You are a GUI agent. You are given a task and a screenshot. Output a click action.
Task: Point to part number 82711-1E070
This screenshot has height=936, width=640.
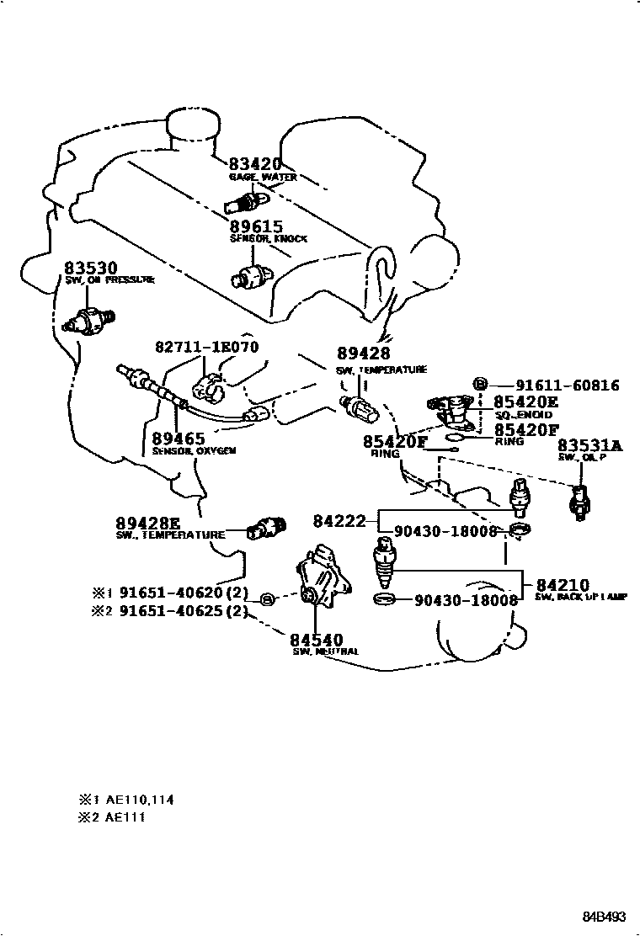click(205, 347)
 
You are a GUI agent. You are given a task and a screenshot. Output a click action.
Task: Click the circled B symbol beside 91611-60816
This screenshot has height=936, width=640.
click(480, 385)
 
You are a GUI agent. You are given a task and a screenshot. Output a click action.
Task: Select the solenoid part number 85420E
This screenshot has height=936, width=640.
click(525, 402)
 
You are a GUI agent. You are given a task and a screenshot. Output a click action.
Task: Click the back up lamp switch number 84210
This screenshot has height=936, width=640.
click(563, 584)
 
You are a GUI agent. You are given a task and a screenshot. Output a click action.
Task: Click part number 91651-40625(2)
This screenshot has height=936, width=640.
click(184, 612)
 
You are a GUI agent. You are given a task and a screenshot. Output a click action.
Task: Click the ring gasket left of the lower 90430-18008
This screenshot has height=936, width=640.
click(382, 600)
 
